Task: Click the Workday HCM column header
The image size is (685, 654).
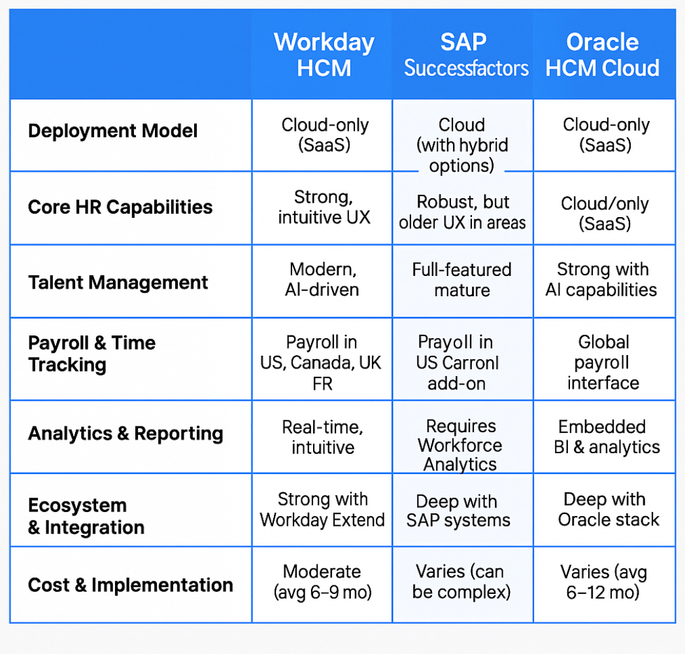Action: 324,55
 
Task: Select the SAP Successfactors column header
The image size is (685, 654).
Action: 465,55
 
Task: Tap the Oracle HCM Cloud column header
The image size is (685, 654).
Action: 603,55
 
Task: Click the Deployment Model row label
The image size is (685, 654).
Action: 112,131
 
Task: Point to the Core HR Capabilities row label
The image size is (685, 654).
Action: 120,207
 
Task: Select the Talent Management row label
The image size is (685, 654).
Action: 118,283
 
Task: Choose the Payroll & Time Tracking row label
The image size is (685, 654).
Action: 92,354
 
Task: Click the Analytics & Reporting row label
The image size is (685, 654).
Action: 125,434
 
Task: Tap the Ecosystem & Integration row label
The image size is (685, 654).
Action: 86,516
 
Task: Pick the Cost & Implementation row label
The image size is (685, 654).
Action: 130,585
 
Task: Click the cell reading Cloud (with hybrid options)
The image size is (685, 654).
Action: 461,145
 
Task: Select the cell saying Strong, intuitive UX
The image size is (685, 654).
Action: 324,207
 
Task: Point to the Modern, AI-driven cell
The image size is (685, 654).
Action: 324,279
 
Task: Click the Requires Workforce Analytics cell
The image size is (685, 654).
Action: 461,445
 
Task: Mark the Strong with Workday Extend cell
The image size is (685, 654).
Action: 322,509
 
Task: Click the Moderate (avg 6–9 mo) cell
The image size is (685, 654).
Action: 322,582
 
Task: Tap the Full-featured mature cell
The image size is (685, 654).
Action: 461,279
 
